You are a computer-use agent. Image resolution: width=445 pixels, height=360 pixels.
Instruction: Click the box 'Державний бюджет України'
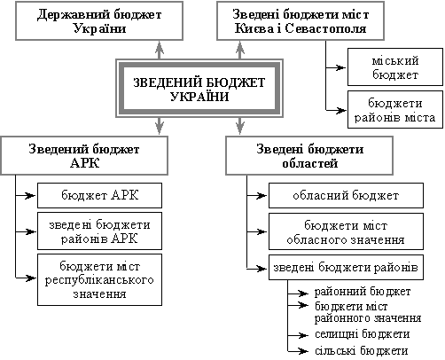point(99,20)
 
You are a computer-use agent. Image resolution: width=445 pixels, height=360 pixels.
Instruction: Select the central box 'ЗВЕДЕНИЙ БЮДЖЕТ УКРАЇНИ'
point(199,89)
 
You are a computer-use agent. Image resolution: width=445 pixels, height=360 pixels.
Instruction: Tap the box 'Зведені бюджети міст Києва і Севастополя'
point(301,20)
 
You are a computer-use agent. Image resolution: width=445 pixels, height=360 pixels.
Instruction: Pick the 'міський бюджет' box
point(395,67)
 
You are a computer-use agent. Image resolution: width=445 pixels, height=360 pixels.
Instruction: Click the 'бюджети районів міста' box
point(395,109)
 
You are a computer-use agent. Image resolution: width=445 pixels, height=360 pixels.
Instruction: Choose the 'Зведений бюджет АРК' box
point(84,155)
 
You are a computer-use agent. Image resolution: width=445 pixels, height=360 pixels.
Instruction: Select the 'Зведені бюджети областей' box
point(309,155)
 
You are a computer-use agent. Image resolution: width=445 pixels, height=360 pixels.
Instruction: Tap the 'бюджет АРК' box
point(99,195)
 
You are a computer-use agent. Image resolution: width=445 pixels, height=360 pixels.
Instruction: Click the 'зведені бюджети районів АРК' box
point(99,231)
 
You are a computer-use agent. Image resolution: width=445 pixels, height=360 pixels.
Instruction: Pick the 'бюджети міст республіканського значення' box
point(99,279)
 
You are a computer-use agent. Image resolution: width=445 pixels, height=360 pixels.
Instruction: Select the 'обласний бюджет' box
point(346,195)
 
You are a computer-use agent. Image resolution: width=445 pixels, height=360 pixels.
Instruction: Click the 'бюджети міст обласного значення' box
point(346,231)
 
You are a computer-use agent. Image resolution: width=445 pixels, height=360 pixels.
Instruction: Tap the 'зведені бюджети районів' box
point(346,267)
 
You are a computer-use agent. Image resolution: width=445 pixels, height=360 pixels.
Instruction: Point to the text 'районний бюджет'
point(363,292)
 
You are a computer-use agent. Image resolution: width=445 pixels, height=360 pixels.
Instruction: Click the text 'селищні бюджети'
point(363,334)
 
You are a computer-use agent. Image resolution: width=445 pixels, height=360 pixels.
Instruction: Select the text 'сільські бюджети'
point(362,351)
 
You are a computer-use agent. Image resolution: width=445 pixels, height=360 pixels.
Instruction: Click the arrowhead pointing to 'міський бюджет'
point(340,67)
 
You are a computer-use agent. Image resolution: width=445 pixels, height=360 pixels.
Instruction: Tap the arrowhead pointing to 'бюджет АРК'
point(31,195)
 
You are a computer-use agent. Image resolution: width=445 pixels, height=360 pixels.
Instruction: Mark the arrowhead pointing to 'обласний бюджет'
point(262,195)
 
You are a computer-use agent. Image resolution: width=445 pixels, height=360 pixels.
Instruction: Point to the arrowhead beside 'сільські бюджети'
point(303,351)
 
